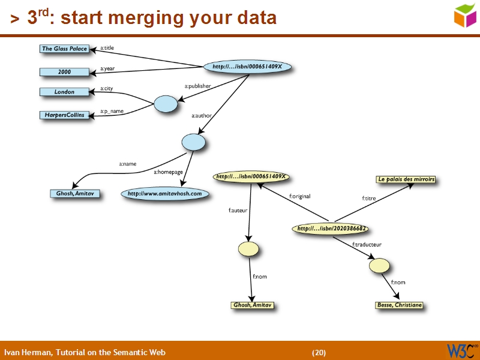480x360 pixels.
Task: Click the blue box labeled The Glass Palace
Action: pyautogui.click(x=64, y=49)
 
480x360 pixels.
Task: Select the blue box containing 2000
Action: pyautogui.click(x=64, y=72)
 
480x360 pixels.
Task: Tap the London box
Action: pyautogui.click(x=64, y=92)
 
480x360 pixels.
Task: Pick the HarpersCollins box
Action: pyautogui.click(x=64, y=115)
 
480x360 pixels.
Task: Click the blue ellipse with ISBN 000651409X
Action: pyautogui.click(x=247, y=66)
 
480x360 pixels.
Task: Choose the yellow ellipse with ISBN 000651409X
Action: pyautogui.click(x=251, y=177)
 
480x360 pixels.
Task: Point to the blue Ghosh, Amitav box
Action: pyautogui.click(x=75, y=194)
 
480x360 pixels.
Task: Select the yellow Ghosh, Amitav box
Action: pyautogui.click(x=252, y=305)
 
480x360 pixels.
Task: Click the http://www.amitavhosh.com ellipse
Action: pyautogui.click(x=164, y=194)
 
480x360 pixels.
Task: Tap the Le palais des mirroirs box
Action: pyautogui.click(x=406, y=179)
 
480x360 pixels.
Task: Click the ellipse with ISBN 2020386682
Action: pyautogui.click(x=331, y=229)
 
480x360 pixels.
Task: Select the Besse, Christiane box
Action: pyautogui.click(x=399, y=305)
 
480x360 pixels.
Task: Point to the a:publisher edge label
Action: pyautogui.click(x=197, y=86)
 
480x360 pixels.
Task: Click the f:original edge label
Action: pyautogui.click(x=299, y=196)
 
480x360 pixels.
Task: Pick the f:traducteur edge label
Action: pyautogui.click(x=367, y=245)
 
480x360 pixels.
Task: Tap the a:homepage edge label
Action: pyautogui.click(x=168, y=172)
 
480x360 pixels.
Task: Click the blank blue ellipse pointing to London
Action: pyautogui.click(x=166, y=104)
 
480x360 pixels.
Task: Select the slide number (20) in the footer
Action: pyautogui.click(x=319, y=352)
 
